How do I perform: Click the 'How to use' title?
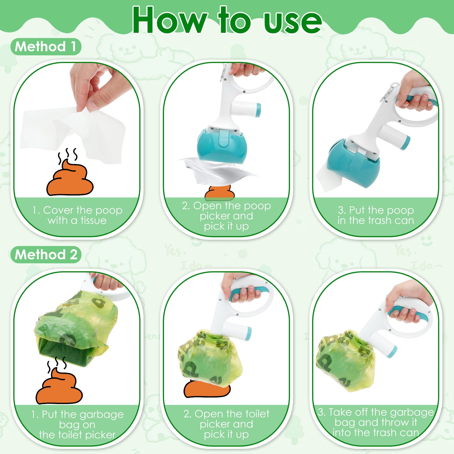click(227, 20)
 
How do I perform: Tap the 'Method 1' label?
click(46, 47)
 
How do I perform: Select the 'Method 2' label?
click(46, 254)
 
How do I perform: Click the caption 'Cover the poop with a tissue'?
click(77, 215)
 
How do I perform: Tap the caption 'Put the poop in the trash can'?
click(376, 215)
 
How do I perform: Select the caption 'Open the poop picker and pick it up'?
click(226, 216)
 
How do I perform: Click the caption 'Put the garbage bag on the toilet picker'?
click(77, 424)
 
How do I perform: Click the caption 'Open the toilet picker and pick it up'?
click(226, 424)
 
